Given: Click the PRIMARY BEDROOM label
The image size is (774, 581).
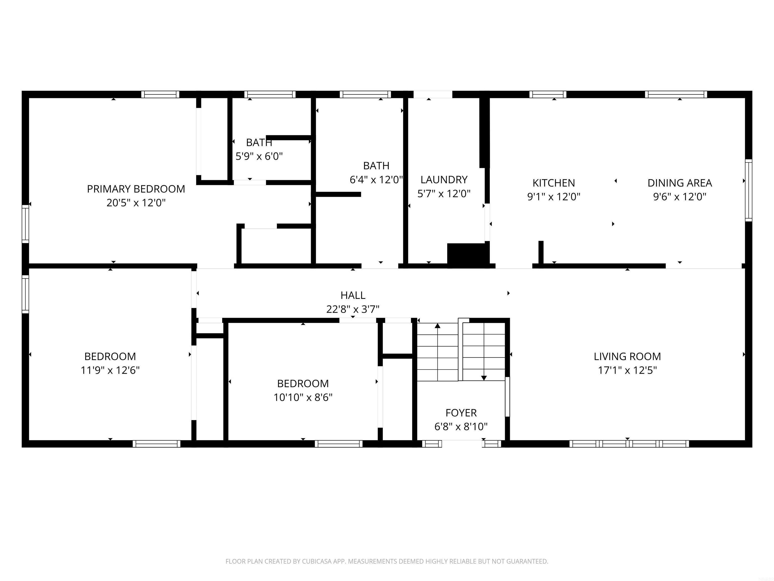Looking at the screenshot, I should click(136, 189).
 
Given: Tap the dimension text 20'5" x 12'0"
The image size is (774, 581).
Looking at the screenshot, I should click(136, 203).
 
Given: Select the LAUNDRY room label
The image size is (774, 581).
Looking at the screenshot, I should click(444, 180).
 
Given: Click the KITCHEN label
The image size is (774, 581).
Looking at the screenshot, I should click(554, 183).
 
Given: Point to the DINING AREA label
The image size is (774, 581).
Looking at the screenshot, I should click(680, 183).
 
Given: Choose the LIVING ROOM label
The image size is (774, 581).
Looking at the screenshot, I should click(627, 357).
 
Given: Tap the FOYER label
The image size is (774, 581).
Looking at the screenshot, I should click(461, 413).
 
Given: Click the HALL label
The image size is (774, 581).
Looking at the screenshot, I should click(353, 296).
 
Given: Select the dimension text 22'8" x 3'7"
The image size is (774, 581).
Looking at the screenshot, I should click(353, 309).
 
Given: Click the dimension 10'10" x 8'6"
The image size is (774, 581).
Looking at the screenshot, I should click(303, 397).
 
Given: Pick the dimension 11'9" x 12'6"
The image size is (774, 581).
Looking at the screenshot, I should click(110, 370).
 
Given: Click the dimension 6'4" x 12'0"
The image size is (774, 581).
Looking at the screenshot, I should click(376, 180).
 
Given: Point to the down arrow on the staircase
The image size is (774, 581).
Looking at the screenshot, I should click(483, 377).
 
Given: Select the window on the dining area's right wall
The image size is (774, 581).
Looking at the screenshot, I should click(749, 190).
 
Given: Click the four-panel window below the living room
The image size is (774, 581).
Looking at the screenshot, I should click(629, 444).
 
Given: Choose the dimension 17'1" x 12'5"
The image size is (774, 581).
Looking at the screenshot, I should click(627, 370).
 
